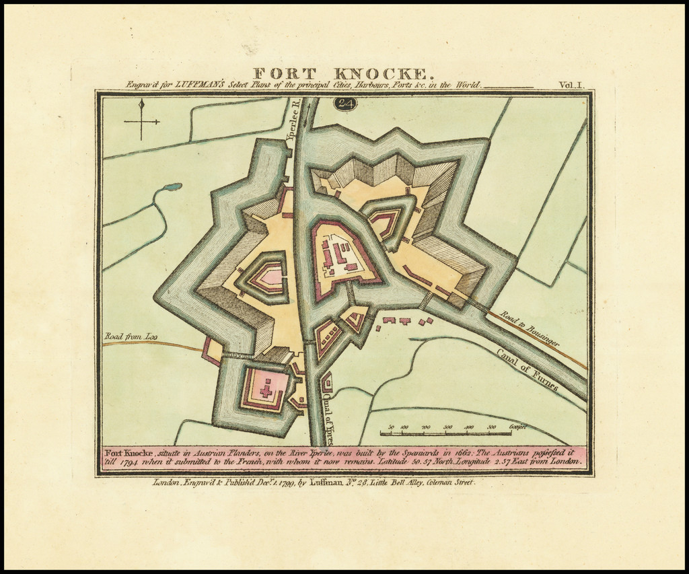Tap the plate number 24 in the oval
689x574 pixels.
(x=346, y=103)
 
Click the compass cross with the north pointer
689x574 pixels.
(x=141, y=120)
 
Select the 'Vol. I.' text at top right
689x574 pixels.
(x=572, y=85)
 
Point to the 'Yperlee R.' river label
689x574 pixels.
(x=292, y=121)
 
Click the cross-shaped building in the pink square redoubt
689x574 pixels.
(x=266, y=388)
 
